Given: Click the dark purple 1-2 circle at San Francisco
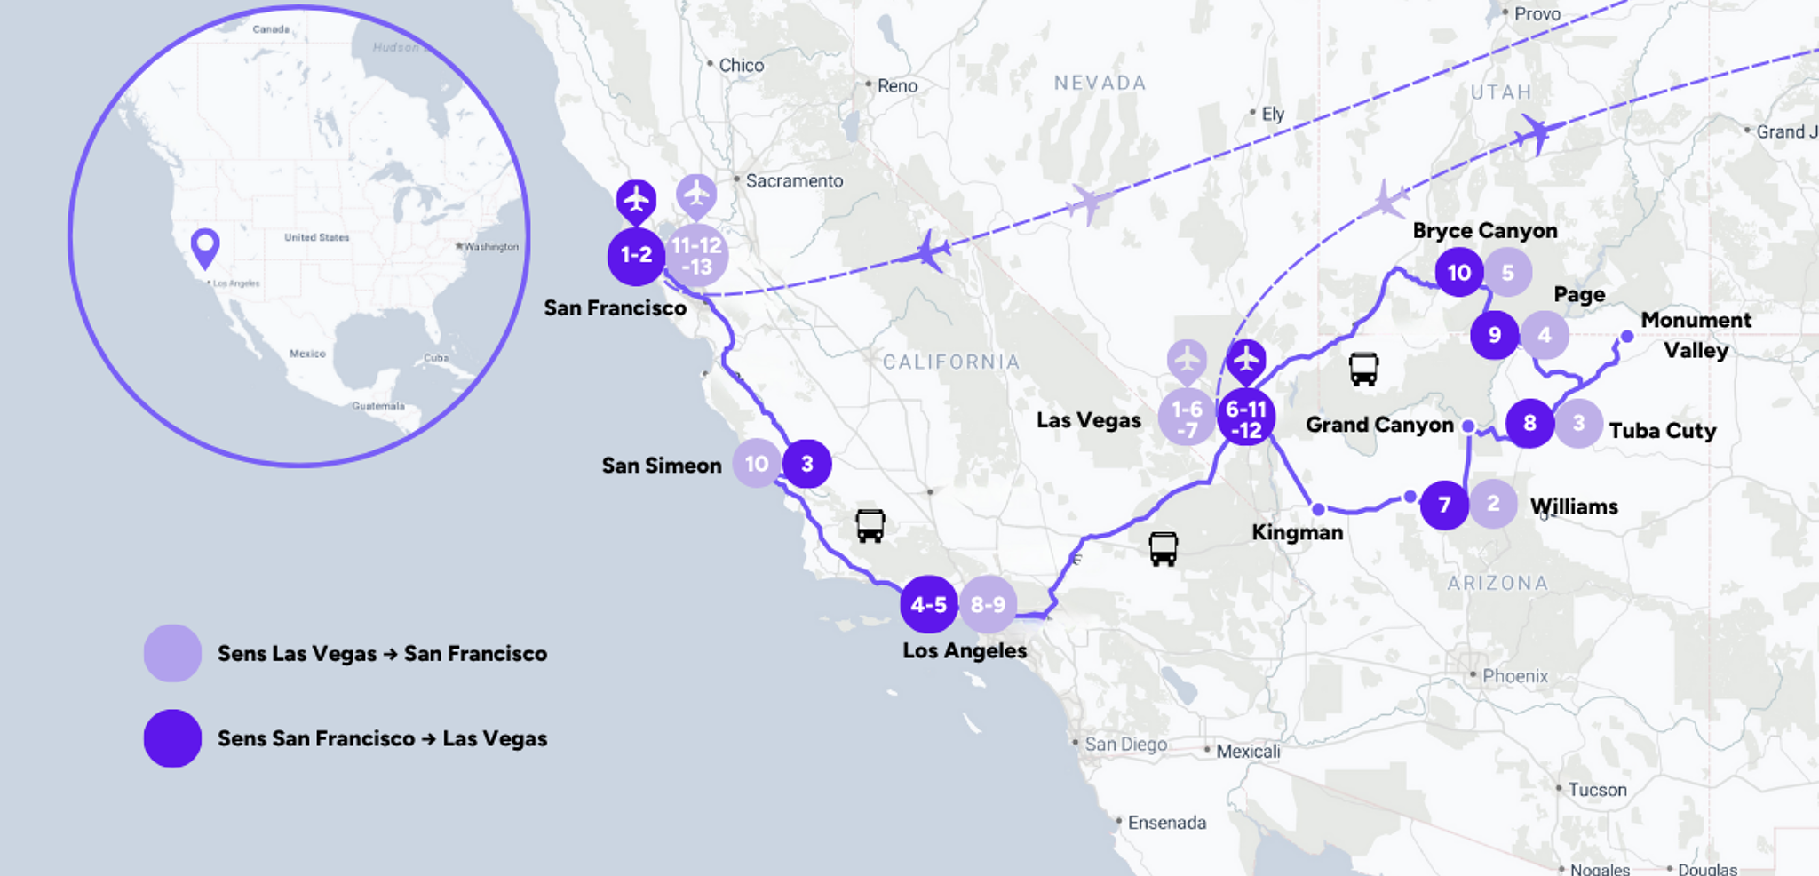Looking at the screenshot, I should point(636,256).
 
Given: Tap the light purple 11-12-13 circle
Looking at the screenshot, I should point(697,256).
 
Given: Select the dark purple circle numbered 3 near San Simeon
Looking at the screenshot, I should point(806,464).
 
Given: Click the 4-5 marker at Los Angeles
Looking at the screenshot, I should point(928,605).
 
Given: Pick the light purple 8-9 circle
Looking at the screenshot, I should point(988,605).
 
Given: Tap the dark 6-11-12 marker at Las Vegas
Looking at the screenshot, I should point(1245,418).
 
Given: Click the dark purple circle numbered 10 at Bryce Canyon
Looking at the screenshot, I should point(1459,273).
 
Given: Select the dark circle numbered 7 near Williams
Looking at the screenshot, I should point(1444,505).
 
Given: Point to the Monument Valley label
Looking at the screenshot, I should point(1696,334).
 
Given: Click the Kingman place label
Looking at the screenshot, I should point(1297,532).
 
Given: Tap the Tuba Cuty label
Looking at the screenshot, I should point(1662,431).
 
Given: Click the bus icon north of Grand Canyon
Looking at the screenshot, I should point(1363,369).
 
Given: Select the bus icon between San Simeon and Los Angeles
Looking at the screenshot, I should point(870,525).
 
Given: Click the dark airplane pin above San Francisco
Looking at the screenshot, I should point(636,200).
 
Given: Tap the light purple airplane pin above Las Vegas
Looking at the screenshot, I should point(1187,361).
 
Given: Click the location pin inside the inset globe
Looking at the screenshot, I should point(205,246).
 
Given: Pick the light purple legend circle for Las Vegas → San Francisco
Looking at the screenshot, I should point(172,653).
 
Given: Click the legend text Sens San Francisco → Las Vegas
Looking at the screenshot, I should point(382,738).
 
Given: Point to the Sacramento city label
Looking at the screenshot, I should point(794,181).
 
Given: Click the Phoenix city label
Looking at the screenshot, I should point(1514,676).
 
